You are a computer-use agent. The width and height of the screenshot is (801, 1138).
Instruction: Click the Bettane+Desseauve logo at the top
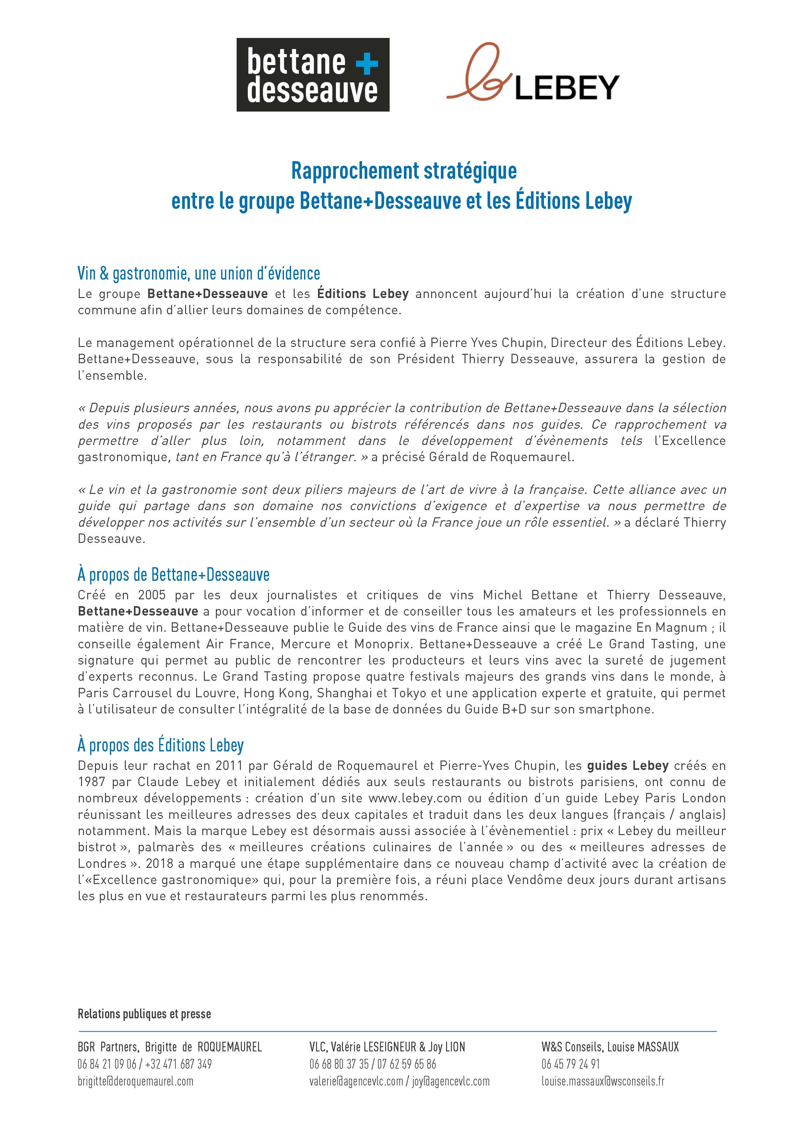pyautogui.click(x=312, y=75)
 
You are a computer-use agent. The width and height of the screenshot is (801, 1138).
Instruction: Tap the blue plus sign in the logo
pyautogui.click(x=367, y=63)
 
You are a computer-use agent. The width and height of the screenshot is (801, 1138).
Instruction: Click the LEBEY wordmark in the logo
pyautogui.click(x=567, y=88)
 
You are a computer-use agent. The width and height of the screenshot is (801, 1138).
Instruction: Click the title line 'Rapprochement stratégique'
pyautogui.click(x=404, y=171)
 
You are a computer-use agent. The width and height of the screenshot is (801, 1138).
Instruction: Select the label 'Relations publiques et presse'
pyautogui.click(x=144, y=1000)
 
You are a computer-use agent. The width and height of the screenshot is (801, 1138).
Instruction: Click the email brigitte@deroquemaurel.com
pyautogui.click(x=135, y=1081)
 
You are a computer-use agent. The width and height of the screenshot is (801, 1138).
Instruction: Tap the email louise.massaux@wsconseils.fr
pyautogui.click(x=603, y=1081)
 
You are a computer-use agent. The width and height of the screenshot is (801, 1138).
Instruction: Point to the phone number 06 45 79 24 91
pyautogui.click(x=570, y=1064)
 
